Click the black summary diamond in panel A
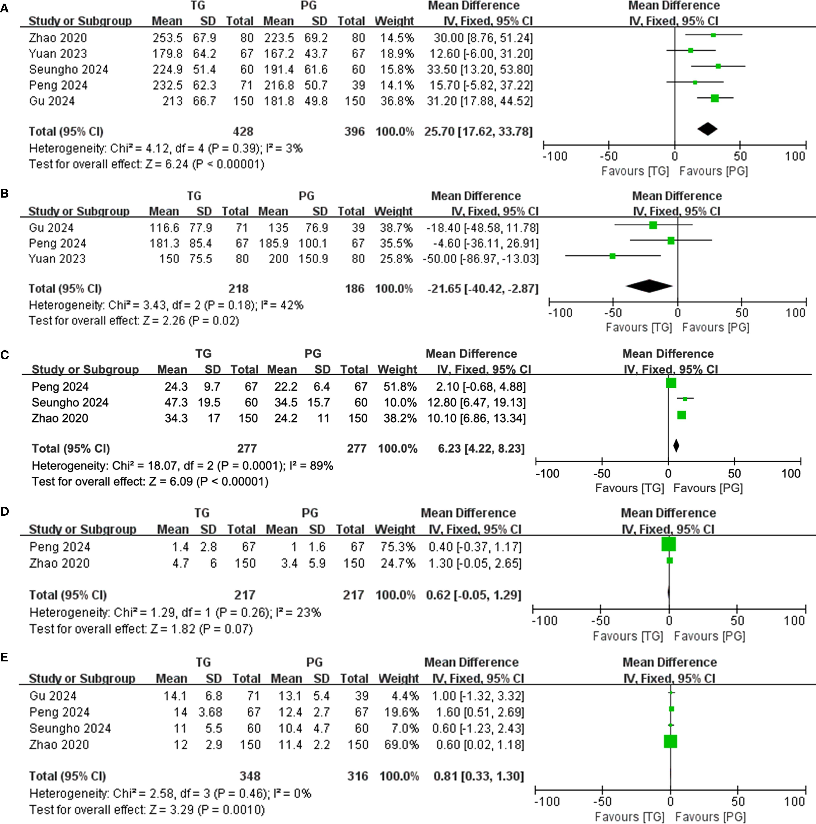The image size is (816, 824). coord(707,129)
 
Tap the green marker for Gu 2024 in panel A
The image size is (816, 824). coord(714,98)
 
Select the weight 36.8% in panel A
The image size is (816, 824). coord(397,101)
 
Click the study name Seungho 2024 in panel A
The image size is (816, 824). coord(68,70)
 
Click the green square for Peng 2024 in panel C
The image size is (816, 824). coord(671,383)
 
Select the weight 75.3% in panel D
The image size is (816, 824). coord(395,547)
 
